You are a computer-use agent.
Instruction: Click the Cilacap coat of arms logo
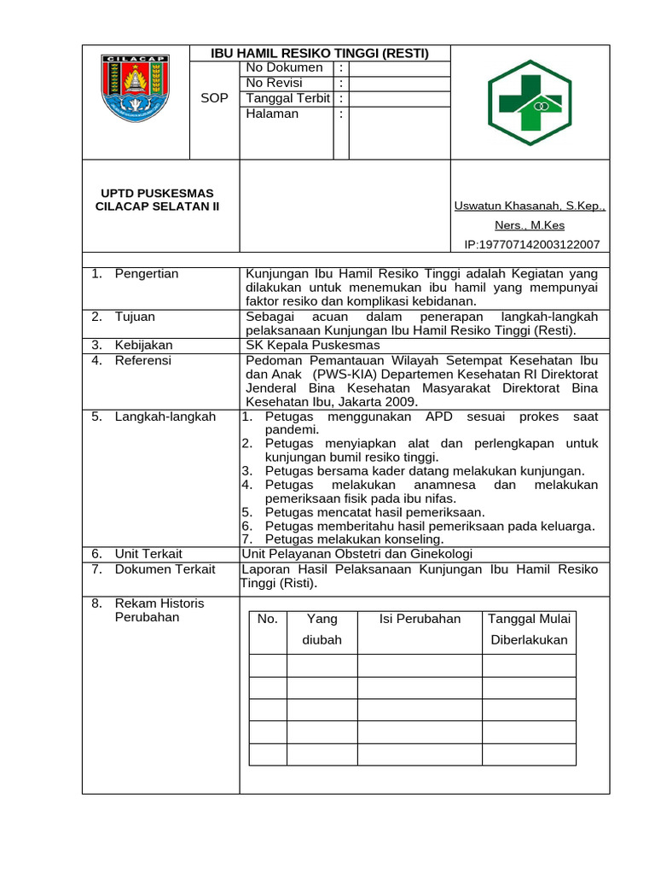click(135, 88)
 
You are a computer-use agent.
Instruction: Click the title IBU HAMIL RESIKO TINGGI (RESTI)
click(320, 53)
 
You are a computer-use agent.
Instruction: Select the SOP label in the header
click(214, 98)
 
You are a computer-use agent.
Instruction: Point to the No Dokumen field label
click(284, 67)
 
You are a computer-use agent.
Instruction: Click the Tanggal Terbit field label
click(287, 98)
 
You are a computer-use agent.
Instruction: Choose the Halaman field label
click(272, 114)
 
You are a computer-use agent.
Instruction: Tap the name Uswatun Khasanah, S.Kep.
click(529, 206)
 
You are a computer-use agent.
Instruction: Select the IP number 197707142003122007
click(531, 244)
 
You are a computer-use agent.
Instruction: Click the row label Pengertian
click(147, 274)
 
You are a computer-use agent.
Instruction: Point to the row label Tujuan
click(135, 317)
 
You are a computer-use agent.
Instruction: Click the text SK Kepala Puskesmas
click(312, 345)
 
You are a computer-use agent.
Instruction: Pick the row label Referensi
click(142, 360)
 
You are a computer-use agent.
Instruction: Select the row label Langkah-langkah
click(165, 417)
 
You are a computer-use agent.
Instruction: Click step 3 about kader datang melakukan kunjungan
click(424, 470)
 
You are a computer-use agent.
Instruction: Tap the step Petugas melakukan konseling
click(354, 539)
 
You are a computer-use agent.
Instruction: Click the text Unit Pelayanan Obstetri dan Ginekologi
click(358, 553)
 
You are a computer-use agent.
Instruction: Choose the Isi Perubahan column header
click(420, 619)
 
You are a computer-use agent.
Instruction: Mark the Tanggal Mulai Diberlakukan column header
click(529, 629)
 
